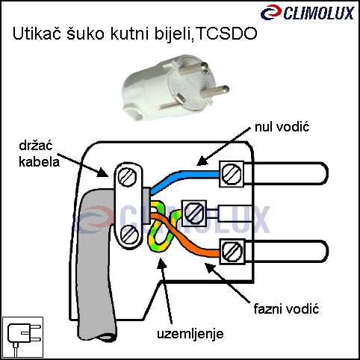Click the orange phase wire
[189, 239]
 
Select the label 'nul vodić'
[282, 127]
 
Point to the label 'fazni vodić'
[286, 309]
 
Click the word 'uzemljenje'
[190, 334]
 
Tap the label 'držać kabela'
[39, 154]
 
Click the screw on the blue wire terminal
[232, 174]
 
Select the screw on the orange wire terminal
[232, 252]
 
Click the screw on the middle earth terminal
[194, 213]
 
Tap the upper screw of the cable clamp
[127, 176]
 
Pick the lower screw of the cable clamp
[129, 235]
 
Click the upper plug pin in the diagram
[286, 173]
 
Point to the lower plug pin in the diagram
[286, 251]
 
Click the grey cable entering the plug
[96, 261]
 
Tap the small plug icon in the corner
[22, 338]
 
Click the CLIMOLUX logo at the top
[307, 13]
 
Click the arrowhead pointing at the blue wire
[202, 161]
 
